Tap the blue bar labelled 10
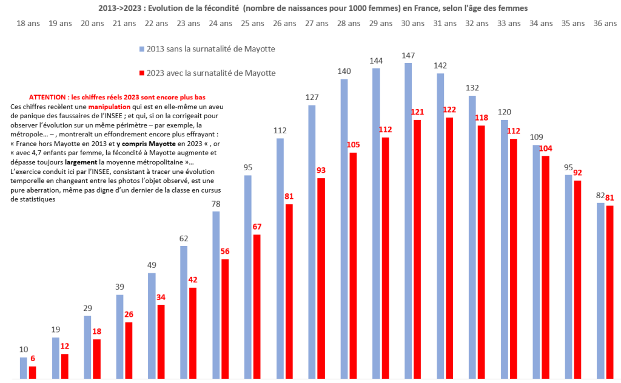24,368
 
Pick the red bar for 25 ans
257,307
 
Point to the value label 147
408,56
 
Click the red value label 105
354,144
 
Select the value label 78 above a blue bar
216,204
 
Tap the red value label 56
225,251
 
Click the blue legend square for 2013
142,48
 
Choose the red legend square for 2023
142,73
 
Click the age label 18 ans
27,23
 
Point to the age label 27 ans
317,23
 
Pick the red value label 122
449,110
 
